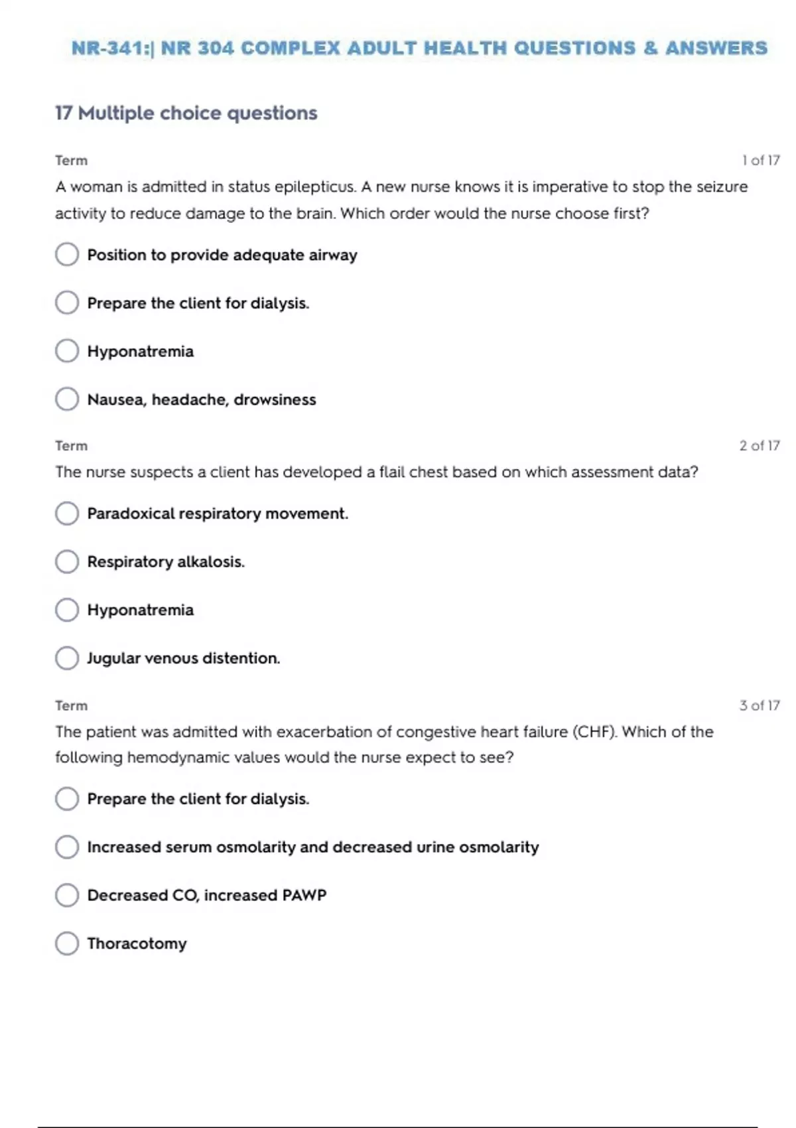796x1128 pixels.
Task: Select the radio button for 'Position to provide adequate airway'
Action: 67,254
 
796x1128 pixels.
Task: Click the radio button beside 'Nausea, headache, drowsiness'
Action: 67,399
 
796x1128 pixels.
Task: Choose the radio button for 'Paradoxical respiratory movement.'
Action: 67,513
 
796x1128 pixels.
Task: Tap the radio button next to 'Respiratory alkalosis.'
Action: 67,561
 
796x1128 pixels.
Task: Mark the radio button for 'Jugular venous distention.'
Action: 67,658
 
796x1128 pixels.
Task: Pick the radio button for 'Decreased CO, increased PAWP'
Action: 67,895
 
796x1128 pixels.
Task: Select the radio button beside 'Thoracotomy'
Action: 67,943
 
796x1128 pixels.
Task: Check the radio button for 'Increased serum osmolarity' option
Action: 67,847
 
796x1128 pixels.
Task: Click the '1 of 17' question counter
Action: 760,160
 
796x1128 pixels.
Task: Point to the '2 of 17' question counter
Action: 760,445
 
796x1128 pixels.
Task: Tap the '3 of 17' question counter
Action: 760,705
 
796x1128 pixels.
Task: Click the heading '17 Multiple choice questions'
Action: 186,113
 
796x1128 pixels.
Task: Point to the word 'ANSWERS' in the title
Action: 716,48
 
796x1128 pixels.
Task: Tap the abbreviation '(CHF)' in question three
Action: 594,731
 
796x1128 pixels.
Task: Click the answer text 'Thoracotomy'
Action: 137,943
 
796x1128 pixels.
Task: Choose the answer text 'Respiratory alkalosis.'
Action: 166,561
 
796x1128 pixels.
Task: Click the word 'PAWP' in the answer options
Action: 304,895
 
